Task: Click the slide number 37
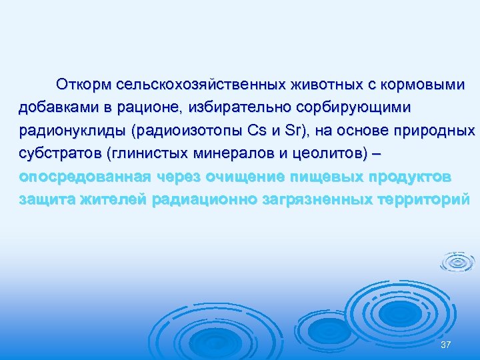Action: pos(446,344)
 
